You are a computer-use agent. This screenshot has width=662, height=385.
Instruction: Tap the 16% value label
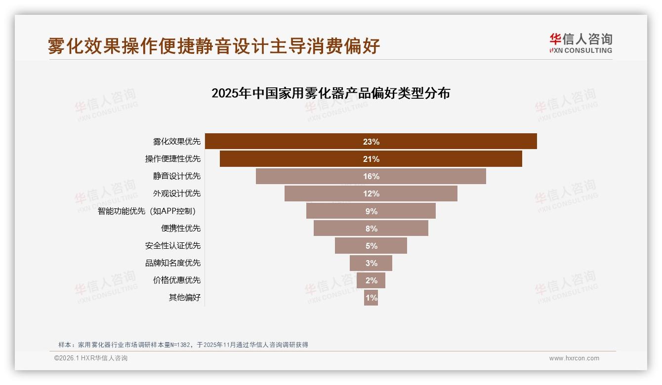pyautogui.click(x=371, y=176)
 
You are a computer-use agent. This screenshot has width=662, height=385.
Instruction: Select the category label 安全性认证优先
pyautogui.click(x=173, y=246)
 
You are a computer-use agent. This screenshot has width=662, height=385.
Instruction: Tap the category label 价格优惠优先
pyautogui.click(x=177, y=280)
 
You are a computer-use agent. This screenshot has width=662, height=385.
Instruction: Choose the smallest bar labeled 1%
pyautogui.click(x=371, y=298)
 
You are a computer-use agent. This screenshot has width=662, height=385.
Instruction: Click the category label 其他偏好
pyautogui.click(x=185, y=298)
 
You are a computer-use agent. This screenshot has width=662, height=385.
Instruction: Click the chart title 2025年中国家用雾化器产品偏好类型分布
pyautogui.click(x=331, y=93)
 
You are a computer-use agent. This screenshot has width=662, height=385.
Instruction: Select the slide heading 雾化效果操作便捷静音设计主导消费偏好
pyautogui.click(x=214, y=46)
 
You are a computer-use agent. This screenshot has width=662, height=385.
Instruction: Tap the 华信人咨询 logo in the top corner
pyautogui.click(x=580, y=43)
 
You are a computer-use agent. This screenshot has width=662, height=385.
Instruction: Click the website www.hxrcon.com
pyautogui.click(x=574, y=358)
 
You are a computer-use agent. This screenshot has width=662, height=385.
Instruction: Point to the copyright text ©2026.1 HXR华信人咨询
pyautogui.click(x=91, y=358)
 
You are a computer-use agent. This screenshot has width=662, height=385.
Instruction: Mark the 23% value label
pyautogui.click(x=371, y=142)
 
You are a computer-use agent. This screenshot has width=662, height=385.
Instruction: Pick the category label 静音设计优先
pyautogui.click(x=177, y=176)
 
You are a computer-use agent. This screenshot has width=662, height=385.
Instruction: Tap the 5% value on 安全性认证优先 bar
pyautogui.click(x=371, y=246)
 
